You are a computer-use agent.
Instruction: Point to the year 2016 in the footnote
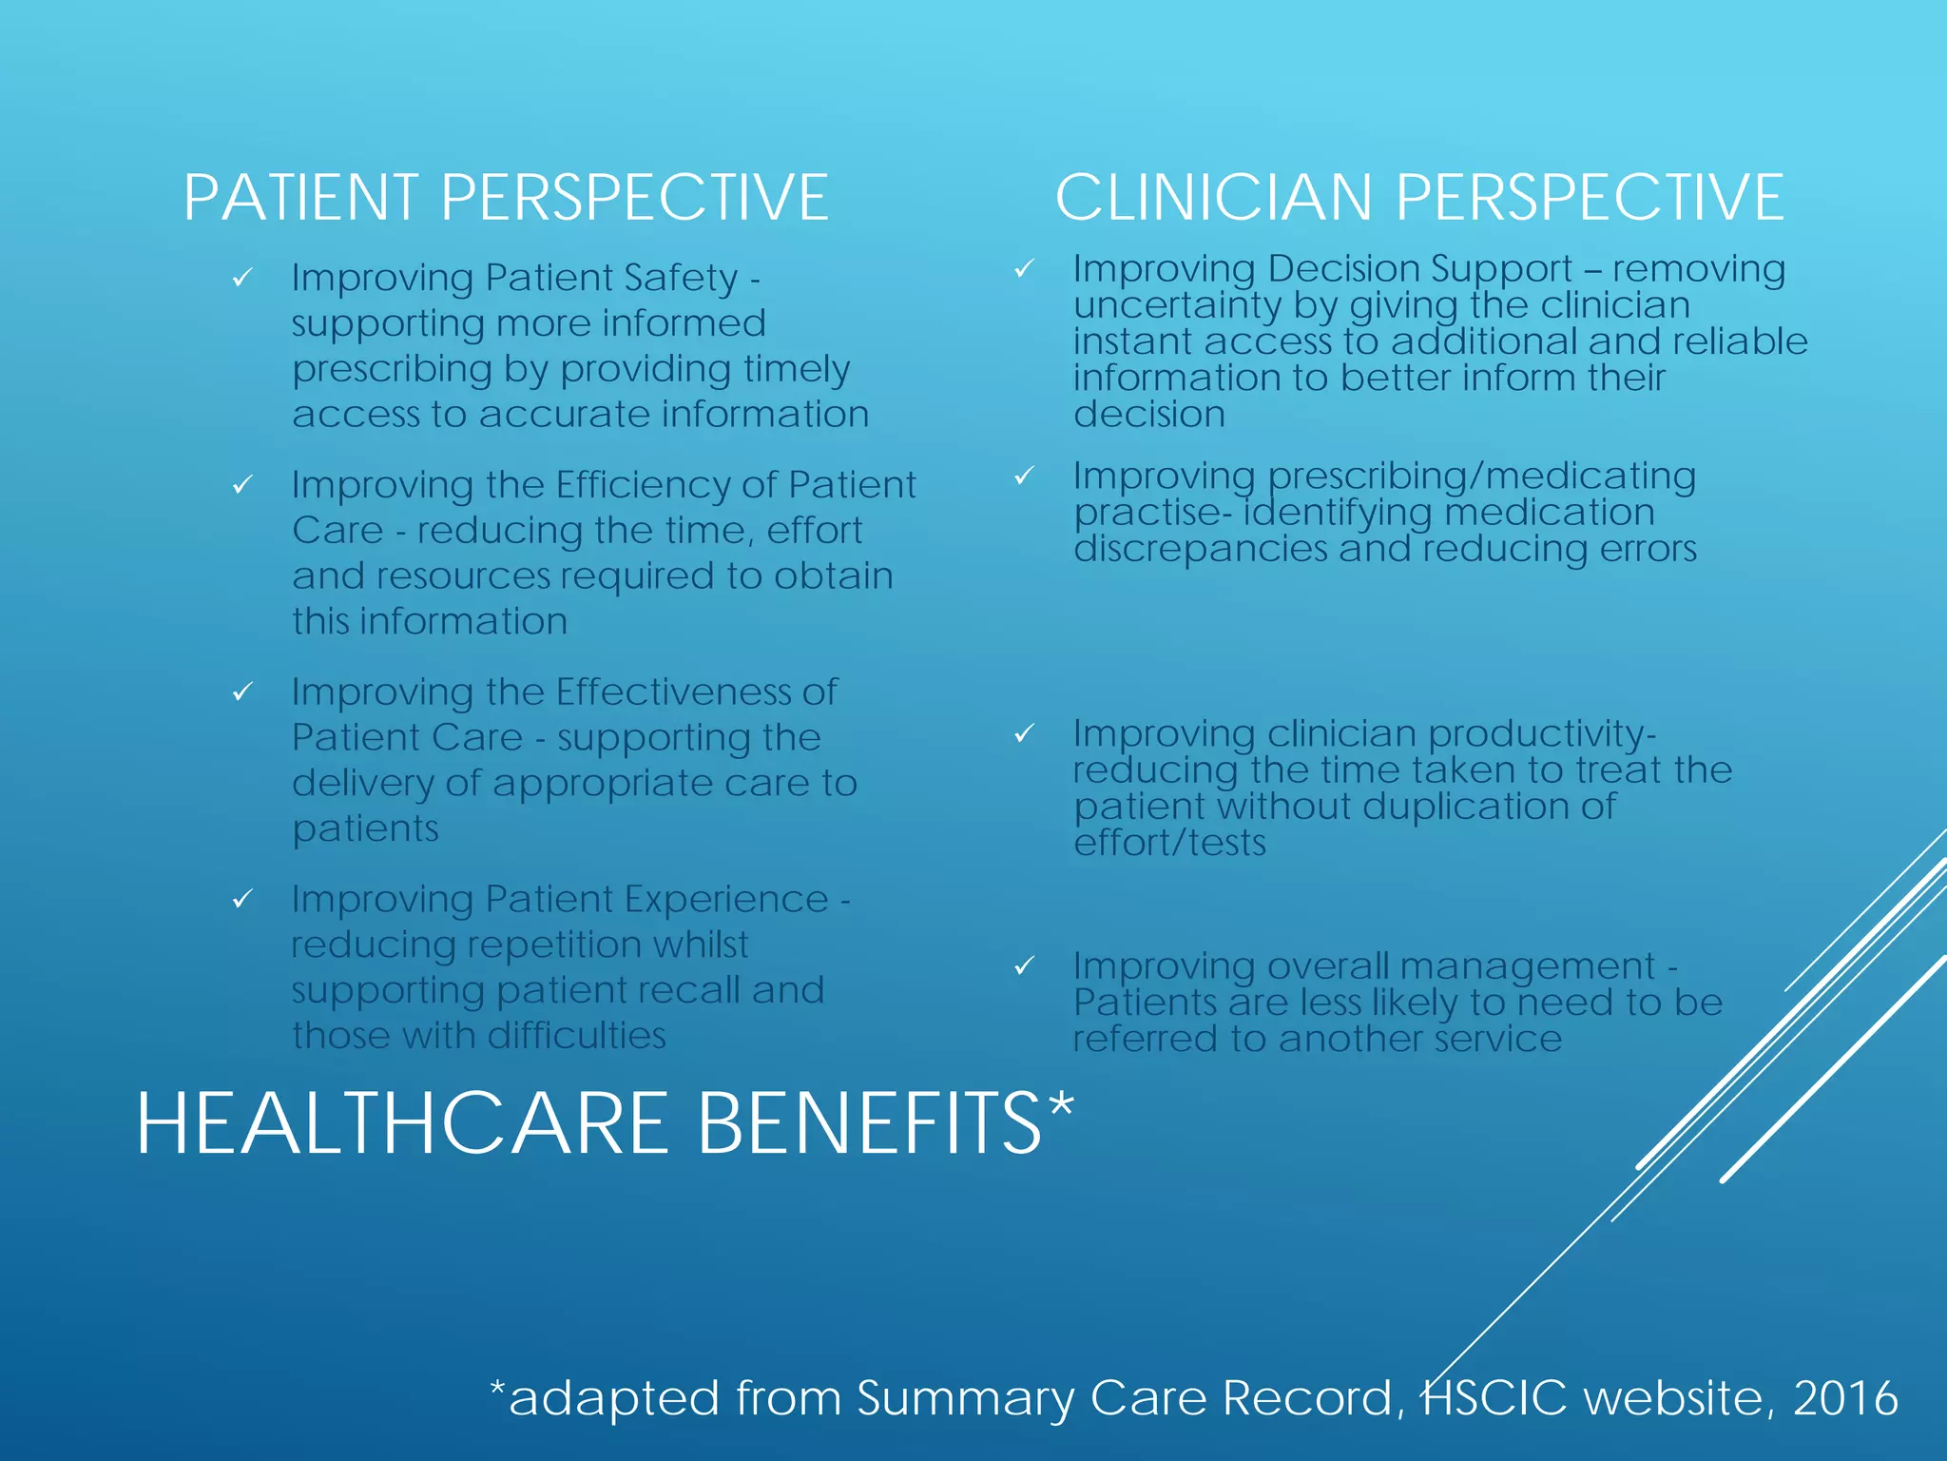point(1845,1397)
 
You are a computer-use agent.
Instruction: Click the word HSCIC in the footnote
point(1494,1397)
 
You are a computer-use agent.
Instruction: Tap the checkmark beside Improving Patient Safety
point(242,278)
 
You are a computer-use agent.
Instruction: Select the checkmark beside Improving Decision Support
point(1024,269)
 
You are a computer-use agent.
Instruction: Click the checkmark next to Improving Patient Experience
point(242,899)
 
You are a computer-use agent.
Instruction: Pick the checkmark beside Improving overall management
point(1024,966)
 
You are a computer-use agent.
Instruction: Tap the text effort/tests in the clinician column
point(1169,843)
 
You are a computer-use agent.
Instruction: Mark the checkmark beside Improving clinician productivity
point(1024,733)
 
